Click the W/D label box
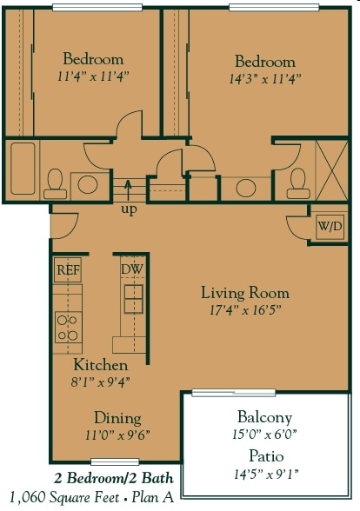click(330, 227)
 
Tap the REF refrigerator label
click(67, 269)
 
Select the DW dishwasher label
click(131, 269)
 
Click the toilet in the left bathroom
click(54, 182)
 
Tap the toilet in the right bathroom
click(298, 182)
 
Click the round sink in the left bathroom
click(87, 183)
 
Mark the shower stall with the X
click(332, 169)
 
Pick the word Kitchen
click(100, 365)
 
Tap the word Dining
click(117, 418)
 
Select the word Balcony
click(264, 417)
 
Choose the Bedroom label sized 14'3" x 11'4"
click(264, 62)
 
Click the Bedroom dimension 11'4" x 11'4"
click(92, 76)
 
